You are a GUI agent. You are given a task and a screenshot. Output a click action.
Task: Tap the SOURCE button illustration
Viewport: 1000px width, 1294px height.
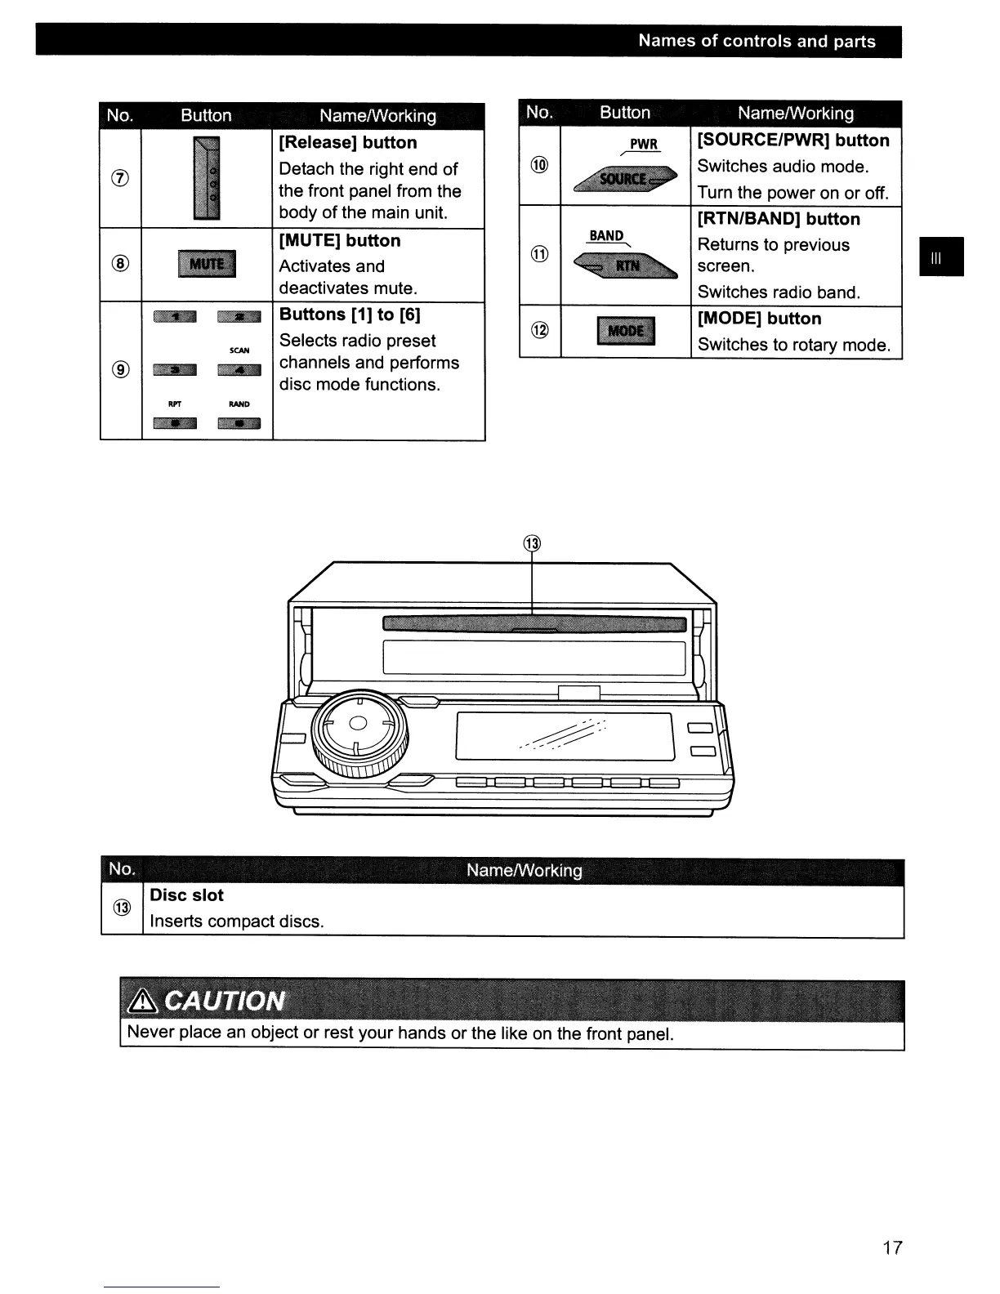(626, 179)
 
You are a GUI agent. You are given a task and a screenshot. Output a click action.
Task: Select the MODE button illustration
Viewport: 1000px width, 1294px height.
(626, 331)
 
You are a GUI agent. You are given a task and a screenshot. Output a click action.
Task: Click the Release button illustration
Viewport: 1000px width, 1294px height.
(207, 179)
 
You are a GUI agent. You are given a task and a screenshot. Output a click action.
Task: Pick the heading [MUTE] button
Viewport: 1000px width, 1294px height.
(340, 241)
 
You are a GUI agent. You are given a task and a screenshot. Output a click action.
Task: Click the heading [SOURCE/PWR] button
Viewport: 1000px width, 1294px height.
(792, 141)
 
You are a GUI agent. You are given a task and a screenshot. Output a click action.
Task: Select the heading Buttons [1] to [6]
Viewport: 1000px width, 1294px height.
(350, 315)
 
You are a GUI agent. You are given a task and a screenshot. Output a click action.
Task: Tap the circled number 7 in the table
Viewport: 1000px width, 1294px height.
(120, 177)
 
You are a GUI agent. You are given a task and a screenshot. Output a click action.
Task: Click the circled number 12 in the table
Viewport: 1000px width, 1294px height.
(540, 330)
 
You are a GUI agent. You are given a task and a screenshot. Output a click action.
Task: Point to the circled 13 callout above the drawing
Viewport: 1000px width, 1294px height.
(532, 544)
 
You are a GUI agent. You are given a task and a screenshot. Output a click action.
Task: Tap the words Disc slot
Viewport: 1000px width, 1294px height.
(186, 895)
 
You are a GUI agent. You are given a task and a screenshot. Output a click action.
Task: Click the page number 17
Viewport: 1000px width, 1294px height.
(892, 1247)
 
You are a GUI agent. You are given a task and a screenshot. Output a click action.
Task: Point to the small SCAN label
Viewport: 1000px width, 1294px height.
(239, 350)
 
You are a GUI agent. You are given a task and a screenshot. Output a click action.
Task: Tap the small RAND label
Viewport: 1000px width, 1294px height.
(239, 404)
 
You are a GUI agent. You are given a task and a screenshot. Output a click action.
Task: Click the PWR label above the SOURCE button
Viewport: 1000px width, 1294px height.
(644, 145)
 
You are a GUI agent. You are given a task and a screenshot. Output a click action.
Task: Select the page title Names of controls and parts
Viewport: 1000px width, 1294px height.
(757, 42)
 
